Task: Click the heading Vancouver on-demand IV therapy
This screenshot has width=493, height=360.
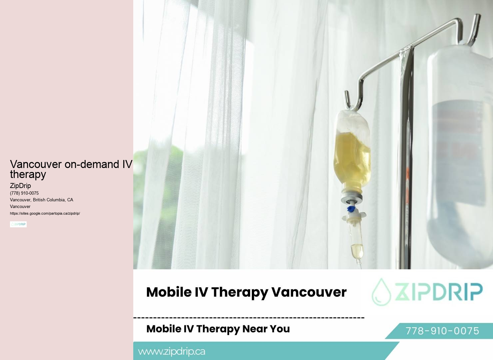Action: pos(71,169)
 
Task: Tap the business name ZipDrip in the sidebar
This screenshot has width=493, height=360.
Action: pos(20,186)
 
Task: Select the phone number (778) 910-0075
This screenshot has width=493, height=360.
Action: pos(24,193)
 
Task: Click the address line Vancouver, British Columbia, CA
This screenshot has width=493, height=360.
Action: pos(41,200)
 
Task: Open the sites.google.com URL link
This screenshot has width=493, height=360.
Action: pos(45,213)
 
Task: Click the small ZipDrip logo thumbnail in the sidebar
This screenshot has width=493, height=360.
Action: pos(18,224)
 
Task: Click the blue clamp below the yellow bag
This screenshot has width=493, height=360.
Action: pos(350,209)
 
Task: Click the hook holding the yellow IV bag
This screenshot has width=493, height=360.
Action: pos(351,100)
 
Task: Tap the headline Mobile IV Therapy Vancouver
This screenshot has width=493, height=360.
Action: pos(246,292)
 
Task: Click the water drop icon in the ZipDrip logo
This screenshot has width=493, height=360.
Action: pos(381,292)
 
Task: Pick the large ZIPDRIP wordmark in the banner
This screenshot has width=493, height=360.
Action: pos(438,292)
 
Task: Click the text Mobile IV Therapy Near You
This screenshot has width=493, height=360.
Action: pos(218,329)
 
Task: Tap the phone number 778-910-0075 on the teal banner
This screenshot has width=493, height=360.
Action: pos(442,331)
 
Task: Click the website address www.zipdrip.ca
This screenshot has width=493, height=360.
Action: pos(172,351)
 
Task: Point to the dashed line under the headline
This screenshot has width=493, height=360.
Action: pos(249,318)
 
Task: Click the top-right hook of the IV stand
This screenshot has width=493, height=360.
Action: pos(475,28)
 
